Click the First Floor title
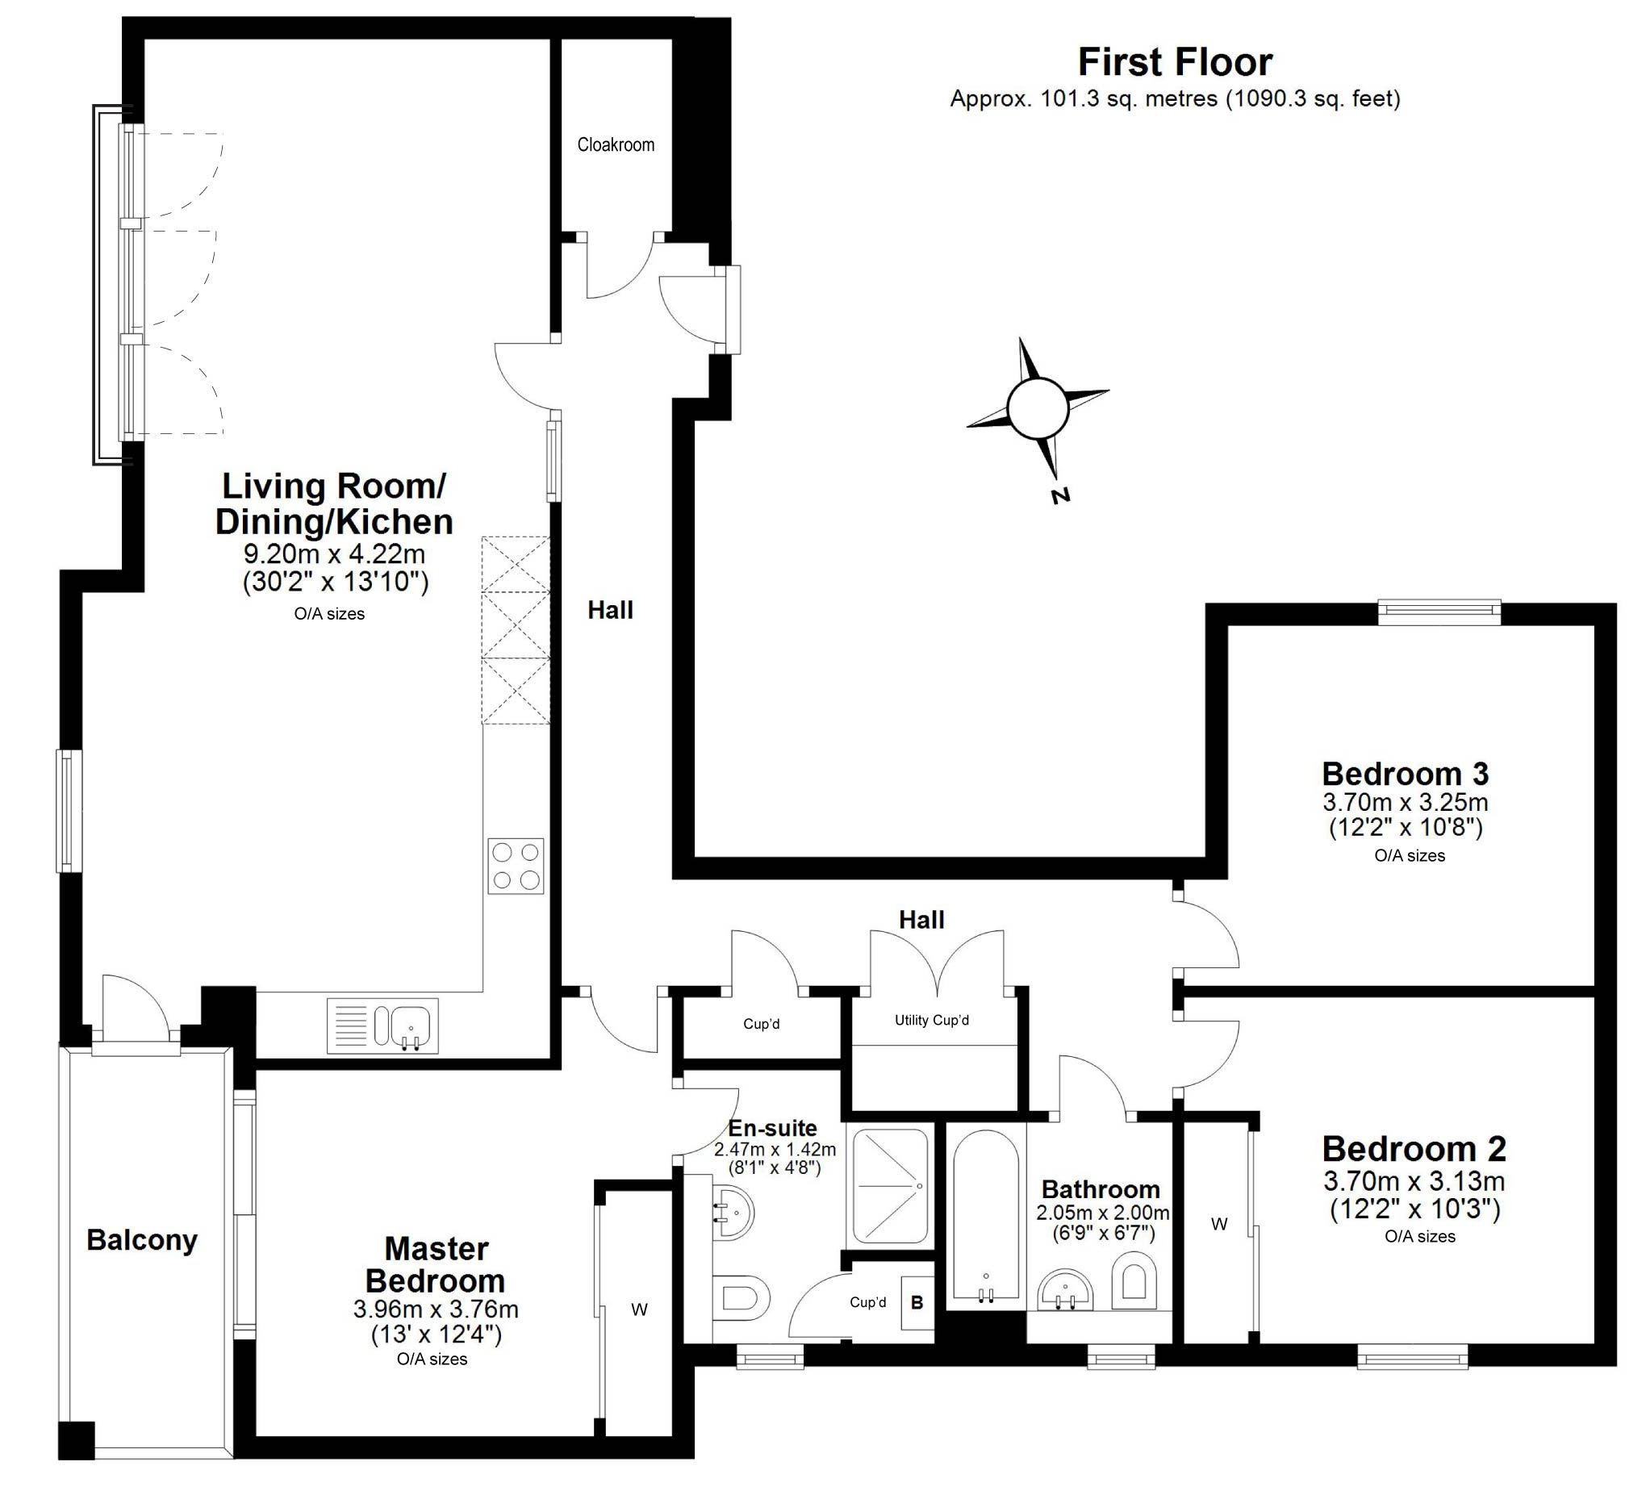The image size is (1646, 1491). tap(1175, 62)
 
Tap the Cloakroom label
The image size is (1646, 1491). tap(616, 144)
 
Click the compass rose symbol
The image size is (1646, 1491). tap(1038, 408)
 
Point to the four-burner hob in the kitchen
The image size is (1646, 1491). tap(516, 866)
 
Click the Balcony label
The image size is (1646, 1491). tap(142, 1239)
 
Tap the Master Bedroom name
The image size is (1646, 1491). tap(436, 1264)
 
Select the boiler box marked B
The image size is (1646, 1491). tap(917, 1302)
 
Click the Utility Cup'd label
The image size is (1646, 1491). tap(932, 1020)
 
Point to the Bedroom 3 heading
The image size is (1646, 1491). tap(1405, 773)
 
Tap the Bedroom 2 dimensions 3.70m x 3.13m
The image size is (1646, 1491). tap(1414, 1180)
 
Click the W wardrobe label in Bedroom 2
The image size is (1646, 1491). tap(1219, 1224)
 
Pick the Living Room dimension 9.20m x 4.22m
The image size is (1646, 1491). tap(334, 553)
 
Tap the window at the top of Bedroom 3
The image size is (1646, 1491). tap(1439, 612)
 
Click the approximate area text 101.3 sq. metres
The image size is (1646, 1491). tap(1128, 98)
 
